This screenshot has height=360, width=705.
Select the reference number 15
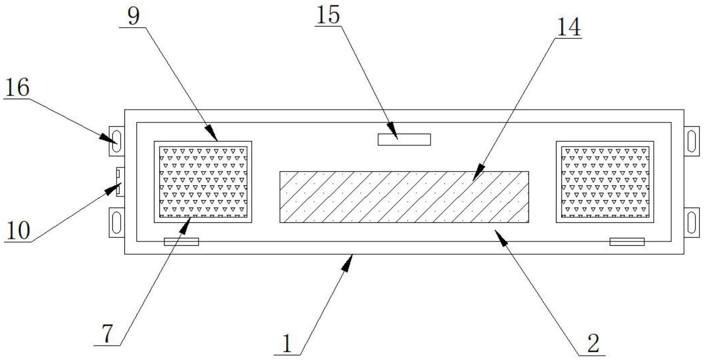(x=328, y=16)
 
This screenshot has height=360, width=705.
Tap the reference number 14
(x=569, y=27)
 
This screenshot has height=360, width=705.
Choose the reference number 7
(x=107, y=334)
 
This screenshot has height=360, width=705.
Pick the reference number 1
(x=287, y=344)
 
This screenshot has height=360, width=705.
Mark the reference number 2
(x=593, y=344)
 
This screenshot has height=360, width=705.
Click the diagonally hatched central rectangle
(x=404, y=197)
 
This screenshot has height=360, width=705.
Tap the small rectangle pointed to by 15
(x=404, y=139)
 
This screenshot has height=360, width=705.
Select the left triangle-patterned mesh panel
(x=203, y=182)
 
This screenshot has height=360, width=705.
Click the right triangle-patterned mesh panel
(x=605, y=182)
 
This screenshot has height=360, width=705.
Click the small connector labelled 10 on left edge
(x=120, y=182)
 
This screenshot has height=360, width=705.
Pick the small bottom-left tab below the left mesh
(x=181, y=242)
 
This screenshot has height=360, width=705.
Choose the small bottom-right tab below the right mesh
(x=627, y=242)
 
